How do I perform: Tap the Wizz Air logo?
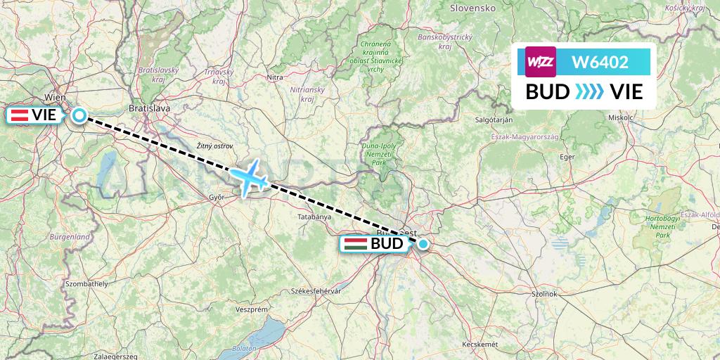tap(541, 62)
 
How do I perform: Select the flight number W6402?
tap(600, 63)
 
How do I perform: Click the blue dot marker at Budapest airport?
tap(423, 244)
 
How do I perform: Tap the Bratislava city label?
tap(150, 108)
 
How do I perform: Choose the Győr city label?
tap(217, 198)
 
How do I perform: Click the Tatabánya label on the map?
tap(311, 217)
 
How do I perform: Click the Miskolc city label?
tap(621, 117)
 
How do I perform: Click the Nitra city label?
tap(274, 77)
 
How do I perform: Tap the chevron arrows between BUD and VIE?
tap(589, 92)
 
